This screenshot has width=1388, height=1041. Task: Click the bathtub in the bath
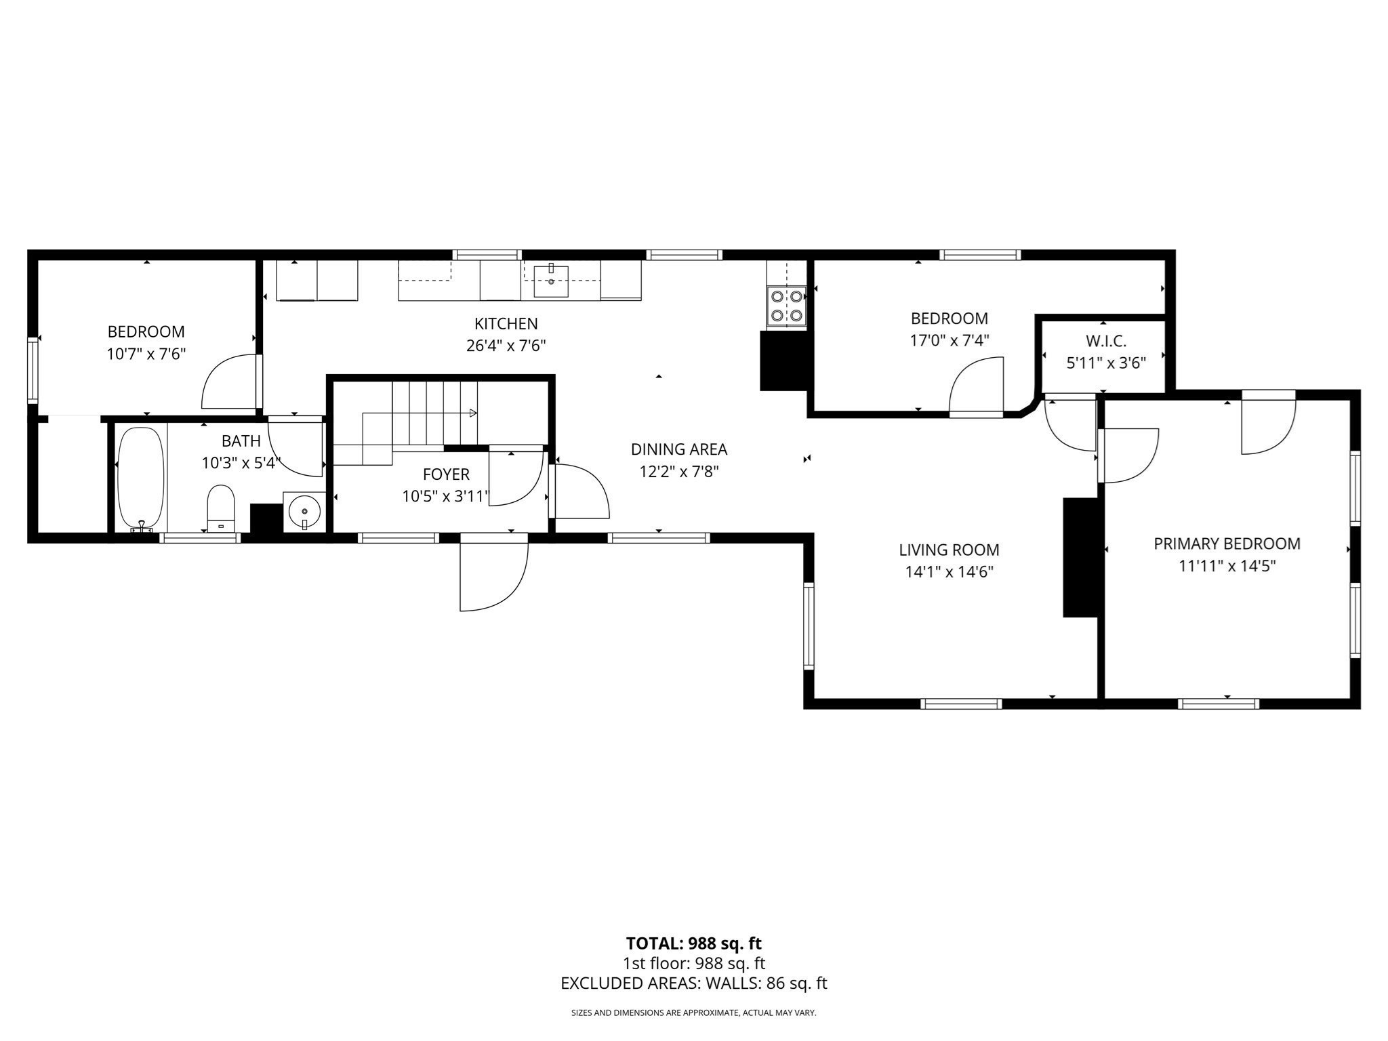pyautogui.click(x=141, y=478)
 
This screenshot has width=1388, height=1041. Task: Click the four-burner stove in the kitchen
pyautogui.click(x=786, y=306)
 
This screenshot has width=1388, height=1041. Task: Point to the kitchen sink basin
pyautogui.click(x=551, y=281)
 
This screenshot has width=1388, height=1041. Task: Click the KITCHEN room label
pyautogui.click(x=506, y=324)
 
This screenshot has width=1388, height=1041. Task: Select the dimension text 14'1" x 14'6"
pyautogui.click(x=949, y=572)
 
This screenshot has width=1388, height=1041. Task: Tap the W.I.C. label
pyautogui.click(x=1105, y=342)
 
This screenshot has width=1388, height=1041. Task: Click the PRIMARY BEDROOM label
pyautogui.click(x=1227, y=544)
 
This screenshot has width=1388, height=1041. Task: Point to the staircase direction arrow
pyautogui.click(x=472, y=413)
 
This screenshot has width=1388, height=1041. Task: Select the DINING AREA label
pyautogui.click(x=678, y=449)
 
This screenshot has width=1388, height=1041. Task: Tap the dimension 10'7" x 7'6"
pyautogui.click(x=146, y=354)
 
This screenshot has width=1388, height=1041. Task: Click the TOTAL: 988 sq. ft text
pyautogui.click(x=693, y=943)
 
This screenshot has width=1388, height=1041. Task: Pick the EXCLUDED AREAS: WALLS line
pyautogui.click(x=693, y=983)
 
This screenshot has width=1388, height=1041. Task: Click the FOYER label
pyautogui.click(x=445, y=474)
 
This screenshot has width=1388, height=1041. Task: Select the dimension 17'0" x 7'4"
pyautogui.click(x=949, y=340)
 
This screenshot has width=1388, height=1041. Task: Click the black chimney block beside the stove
pyautogui.click(x=783, y=361)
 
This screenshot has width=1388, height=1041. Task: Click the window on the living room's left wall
pyautogui.click(x=808, y=625)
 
